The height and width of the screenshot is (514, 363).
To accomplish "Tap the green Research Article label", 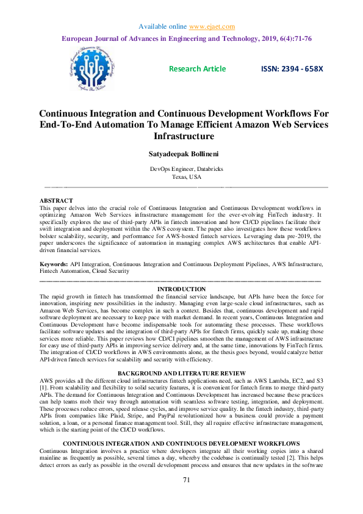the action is pos(197,69).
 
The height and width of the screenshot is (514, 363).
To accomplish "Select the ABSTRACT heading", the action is pos(56,201).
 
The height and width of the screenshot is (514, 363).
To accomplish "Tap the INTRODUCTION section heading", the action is pos(181,289).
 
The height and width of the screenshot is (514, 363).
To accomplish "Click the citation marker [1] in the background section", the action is pos(44,388).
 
